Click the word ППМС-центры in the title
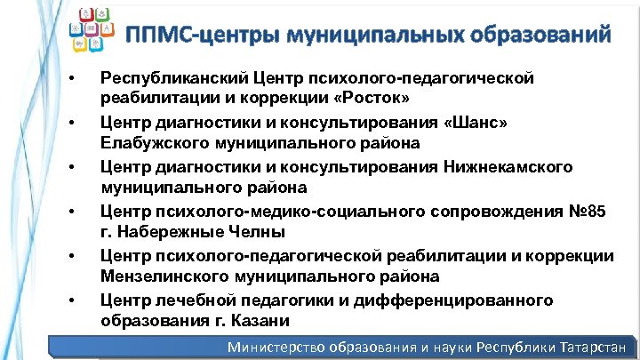[191, 36]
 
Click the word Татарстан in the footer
[594, 348]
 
